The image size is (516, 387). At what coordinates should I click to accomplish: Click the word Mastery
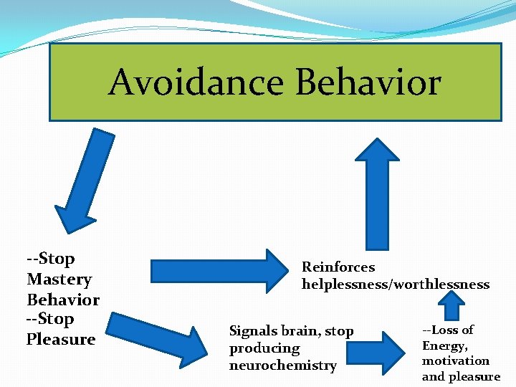(x=59, y=279)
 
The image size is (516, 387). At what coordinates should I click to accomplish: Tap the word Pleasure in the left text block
(x=61, y=339)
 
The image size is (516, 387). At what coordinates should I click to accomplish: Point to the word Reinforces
(x=338, y=267)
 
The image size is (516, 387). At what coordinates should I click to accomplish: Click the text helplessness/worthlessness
(x=396, y=285)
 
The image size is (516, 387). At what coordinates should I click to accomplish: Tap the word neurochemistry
(x=282, y=365)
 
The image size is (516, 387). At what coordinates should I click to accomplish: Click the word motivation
(x=456, y=360)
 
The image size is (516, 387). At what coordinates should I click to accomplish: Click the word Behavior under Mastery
(x=63, y=300)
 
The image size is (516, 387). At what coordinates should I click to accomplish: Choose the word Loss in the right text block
(x=445, y=330)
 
